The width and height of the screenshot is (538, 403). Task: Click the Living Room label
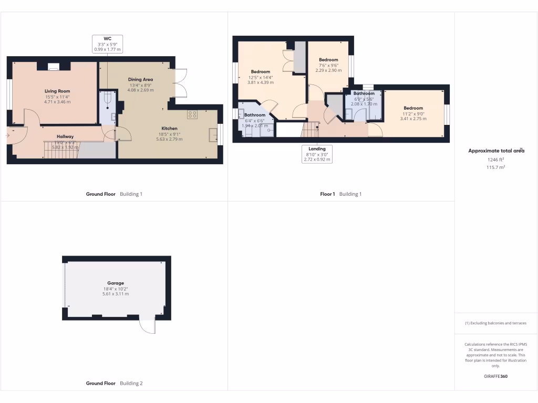coord(57,91)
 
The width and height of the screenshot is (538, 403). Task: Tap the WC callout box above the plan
coord(107,44)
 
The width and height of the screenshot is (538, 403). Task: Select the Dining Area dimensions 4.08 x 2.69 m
coord(140,90)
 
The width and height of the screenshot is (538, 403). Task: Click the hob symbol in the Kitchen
coord(192,114)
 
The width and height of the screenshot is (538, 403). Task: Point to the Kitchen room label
coord(169,128)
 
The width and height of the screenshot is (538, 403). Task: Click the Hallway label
coord(65,136)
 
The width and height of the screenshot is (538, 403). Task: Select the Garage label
coord(116,283)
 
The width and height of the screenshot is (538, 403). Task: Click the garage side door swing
coord(148,326)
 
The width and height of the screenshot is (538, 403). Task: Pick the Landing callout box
coord(317,154)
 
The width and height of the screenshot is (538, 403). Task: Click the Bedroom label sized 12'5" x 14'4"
coord(260,72)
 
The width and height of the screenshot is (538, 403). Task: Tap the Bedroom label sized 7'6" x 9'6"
coord(328,60)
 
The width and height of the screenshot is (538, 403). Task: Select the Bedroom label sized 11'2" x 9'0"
coord(413,108)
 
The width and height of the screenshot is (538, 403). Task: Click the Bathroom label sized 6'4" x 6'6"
coord(255,115)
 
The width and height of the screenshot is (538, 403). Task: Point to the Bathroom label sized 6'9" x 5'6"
coord(364,93)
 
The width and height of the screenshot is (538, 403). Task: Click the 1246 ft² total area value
coord(495,160)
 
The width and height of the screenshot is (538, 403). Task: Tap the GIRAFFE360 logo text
coord(495,376)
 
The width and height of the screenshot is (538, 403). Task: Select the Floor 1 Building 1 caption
coord(341,194)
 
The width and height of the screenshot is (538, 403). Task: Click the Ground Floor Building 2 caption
coord(114,384)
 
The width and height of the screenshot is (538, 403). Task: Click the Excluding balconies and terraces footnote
coord(495,323)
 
